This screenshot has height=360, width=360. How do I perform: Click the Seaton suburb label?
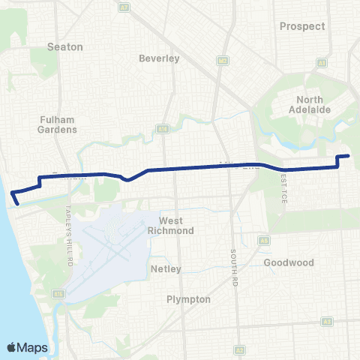coord(64,46)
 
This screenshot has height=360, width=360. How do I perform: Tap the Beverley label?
coord(159,58)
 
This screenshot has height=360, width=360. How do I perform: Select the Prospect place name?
coord(302,26)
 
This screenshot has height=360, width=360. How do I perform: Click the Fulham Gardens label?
coord(57,124)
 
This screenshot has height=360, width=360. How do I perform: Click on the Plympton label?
coord(188,298)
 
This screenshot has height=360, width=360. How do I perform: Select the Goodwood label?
coord(289,263)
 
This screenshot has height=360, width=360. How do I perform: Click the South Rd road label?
coord(233,262)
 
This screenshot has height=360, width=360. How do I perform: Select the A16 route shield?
coord(162,129)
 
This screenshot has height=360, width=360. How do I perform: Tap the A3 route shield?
coord(327,321)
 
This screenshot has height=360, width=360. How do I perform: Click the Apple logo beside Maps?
coord(12,347)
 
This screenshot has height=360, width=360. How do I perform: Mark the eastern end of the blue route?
coord(349,156)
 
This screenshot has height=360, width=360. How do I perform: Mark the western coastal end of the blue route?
coord(16,202)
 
